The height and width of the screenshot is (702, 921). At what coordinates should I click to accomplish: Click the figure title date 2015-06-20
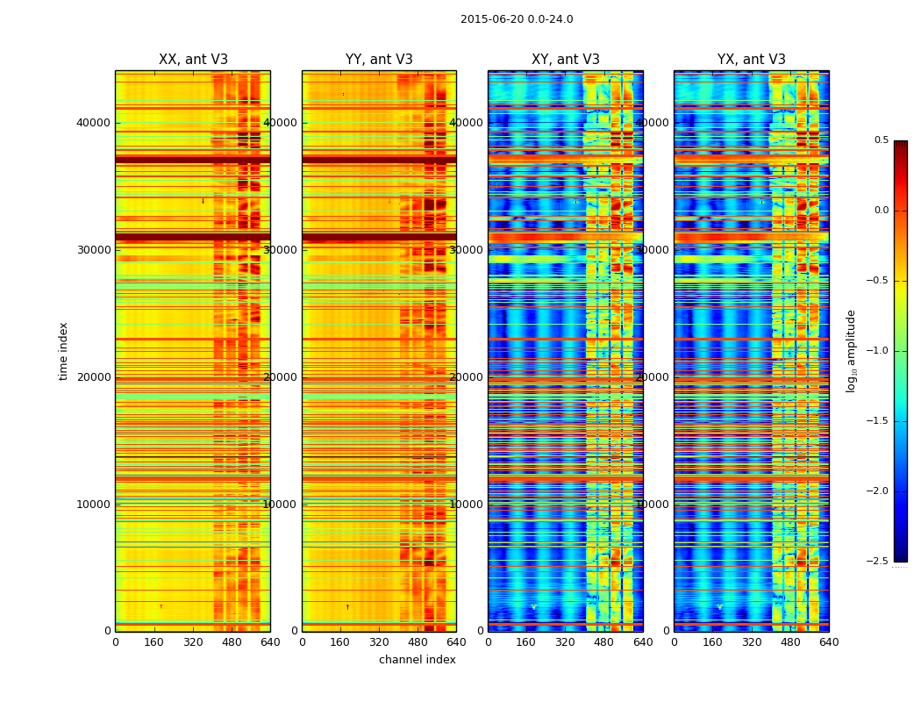tap(490, 19)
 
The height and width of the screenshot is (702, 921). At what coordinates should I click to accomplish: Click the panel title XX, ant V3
tap(193, 60)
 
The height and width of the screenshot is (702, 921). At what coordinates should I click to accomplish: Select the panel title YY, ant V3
tap(379, 60)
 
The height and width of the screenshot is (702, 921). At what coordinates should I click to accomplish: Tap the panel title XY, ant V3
tap(566, 60)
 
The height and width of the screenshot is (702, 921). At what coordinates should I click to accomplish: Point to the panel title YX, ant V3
tap(752, 60)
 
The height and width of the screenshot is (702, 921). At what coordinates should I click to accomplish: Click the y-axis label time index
tap(63, 351)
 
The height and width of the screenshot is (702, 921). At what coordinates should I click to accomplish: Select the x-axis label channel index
tap(418, 660)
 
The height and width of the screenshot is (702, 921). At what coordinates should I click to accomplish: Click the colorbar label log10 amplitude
tap(851, 351)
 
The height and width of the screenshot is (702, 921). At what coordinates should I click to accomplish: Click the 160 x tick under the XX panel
tap(154, 642)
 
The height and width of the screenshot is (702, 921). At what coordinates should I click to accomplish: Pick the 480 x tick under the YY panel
tap(418, 642)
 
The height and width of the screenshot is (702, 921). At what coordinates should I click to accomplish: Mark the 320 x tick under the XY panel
tap(566, 642)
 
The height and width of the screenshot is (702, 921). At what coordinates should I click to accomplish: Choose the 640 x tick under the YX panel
tap(829, 642)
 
